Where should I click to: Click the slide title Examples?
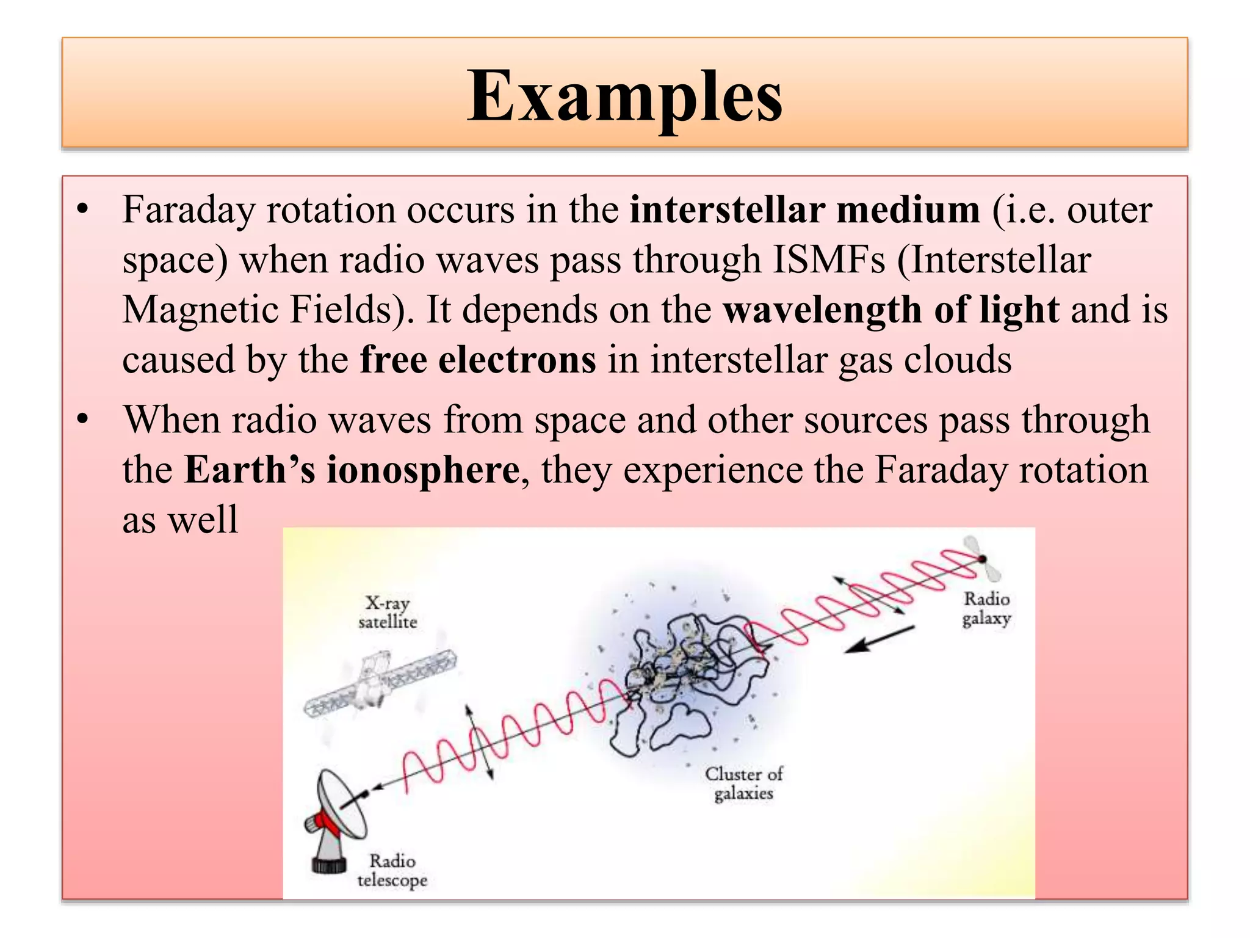(x=624, y=96)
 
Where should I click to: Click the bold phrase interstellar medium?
(x=804, y=210)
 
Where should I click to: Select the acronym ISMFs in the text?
(x=828, y=260)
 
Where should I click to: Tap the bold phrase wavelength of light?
(x=891, y=310)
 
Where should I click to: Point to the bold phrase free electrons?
(x=478, y=360)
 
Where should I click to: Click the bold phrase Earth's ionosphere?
(x=352, y=470)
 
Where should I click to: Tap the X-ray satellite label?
(x=388, y=613)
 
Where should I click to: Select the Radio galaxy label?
(x=986, y=609)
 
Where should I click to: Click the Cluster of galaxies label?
(x=743, y=783)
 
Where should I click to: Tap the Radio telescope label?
(x=392, y=871)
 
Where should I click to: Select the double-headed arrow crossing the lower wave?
(x=479, y=742)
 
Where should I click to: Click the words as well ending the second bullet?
(x=180, y=520)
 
